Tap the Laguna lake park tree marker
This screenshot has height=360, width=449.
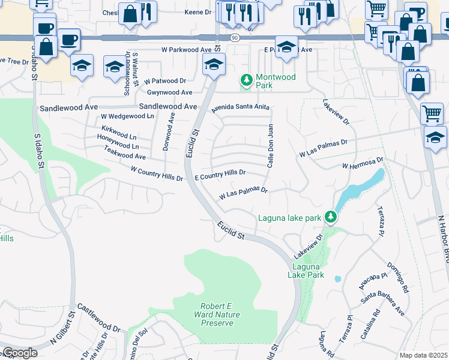[330, 216]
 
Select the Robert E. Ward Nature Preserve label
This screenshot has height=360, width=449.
[214, 314]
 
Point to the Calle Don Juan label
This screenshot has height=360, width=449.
[270, 145]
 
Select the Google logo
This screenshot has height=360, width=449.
[19, 353]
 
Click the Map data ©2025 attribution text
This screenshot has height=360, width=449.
[424, 355]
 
